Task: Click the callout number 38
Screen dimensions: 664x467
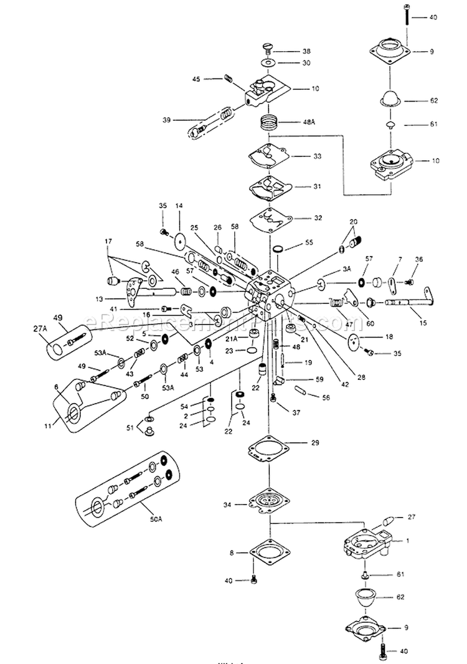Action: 306,51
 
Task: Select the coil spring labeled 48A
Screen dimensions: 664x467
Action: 268,121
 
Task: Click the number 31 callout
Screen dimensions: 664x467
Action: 317,186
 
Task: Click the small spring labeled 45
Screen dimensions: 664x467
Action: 228,78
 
